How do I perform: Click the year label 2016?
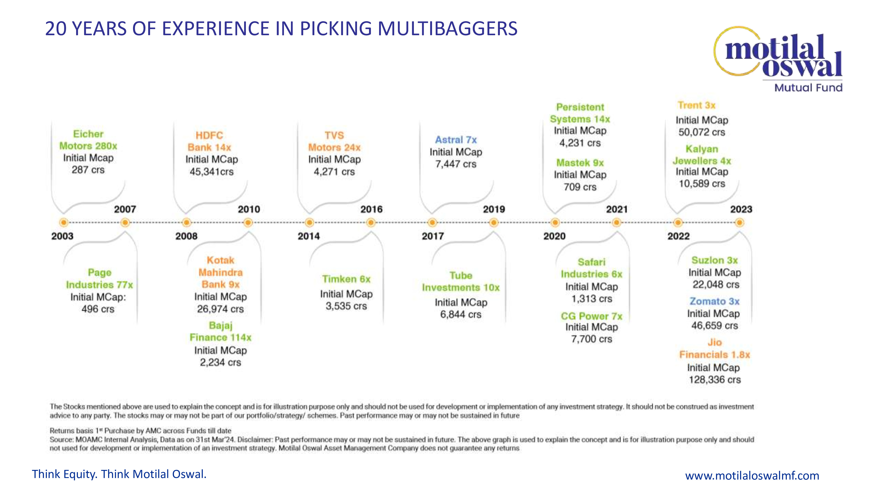[371, 209]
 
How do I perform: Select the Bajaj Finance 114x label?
[220, 331]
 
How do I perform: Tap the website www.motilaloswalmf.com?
[752, 475]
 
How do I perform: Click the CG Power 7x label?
[591, 316]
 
